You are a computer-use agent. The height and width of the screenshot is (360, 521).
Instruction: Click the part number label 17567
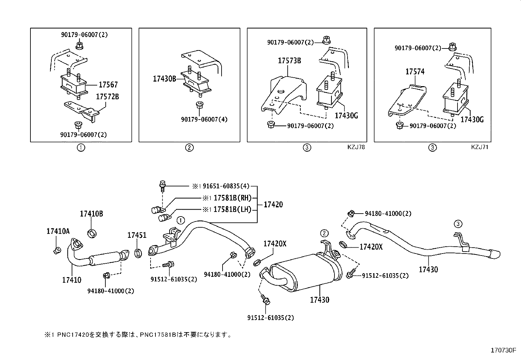(x=108, y=85)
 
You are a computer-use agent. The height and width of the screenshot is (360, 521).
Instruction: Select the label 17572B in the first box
(x=107, y=97)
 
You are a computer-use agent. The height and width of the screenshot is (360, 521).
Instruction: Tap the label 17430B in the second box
(x=164, y=79)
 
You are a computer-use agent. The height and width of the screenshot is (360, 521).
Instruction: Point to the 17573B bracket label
(x=289, y=61)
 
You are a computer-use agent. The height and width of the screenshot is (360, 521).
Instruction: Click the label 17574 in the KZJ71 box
(x=415, y=71)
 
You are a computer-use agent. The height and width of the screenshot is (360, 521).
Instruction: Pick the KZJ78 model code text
(x=356, y=147)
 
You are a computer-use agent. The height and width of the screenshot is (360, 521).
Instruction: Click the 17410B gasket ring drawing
(x=93, y=233)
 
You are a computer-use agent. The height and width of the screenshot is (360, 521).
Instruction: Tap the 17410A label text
(x=58, y=231)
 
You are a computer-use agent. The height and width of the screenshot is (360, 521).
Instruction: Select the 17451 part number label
(x=137, y=235)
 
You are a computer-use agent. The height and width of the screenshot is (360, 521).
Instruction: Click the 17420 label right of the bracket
(x=273, y=205)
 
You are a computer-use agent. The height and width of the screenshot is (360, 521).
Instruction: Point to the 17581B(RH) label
(x=232, y=198)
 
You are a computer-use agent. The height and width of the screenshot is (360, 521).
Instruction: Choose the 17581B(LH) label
(x=232, y=209)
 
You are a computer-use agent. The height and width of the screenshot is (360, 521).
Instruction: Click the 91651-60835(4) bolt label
(x=226, y=186)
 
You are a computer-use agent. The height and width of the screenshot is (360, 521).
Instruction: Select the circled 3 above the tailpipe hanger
(x=458, y=224)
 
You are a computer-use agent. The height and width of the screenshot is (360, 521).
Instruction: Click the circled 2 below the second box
(x=189, y=147)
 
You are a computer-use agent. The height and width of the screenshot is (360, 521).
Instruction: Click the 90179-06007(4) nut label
(x=204, y=120)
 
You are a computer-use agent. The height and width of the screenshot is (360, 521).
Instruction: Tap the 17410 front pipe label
(x=72, y=280)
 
